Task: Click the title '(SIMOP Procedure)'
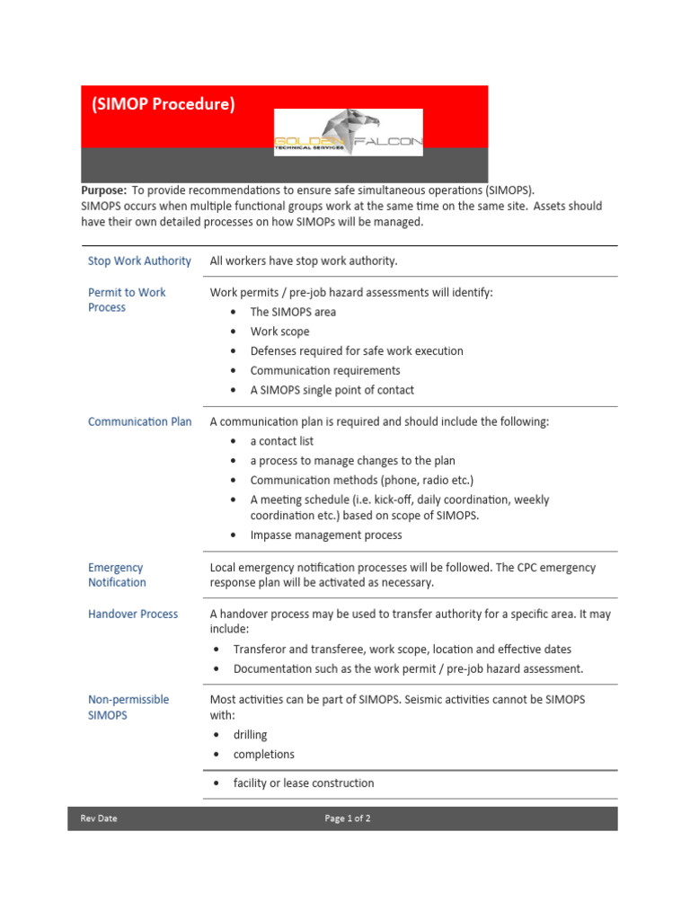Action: coord(163,104)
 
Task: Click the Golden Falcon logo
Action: coord(348,133)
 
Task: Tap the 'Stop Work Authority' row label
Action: coord(139,261)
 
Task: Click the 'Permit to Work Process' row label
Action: coord(127,300)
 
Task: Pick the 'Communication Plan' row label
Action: coord(139,421)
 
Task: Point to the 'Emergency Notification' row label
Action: coord(117,575)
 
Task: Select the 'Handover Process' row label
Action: coord(133,615)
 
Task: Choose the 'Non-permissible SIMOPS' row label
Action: coord(128,707)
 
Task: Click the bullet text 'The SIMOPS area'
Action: coord(293,312)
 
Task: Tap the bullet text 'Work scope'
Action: coord(279,332)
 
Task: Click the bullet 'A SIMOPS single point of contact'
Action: coord(332,390)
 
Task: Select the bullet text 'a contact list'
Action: coord(281,441)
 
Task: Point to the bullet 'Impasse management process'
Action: coord(326,535)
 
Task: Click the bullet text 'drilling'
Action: coord(250,735)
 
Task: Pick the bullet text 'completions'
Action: coord(263,755)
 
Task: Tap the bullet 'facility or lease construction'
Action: coord(303,783)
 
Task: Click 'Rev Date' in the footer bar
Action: coord(99,818)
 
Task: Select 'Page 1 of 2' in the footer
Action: coord(348,818)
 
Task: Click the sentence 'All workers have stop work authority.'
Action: coord(303,261)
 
